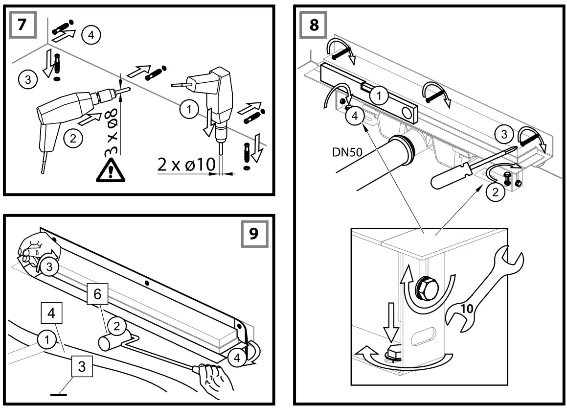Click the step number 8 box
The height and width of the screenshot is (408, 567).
(x=313, y=25)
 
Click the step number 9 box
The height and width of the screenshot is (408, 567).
(x=254, y=234)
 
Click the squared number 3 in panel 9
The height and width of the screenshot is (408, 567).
(x=83, y=365)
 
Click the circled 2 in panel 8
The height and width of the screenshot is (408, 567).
(x=496, y=192)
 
